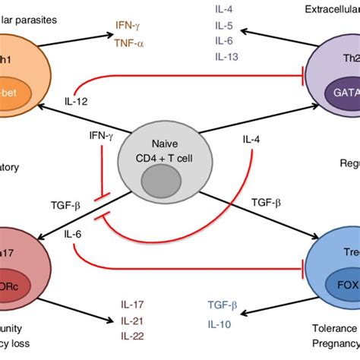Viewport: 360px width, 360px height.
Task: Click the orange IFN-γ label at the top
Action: pyautogui.click(x=128, y=27)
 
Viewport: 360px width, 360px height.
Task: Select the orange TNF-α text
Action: pyautogui.click(x=129, y=43)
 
